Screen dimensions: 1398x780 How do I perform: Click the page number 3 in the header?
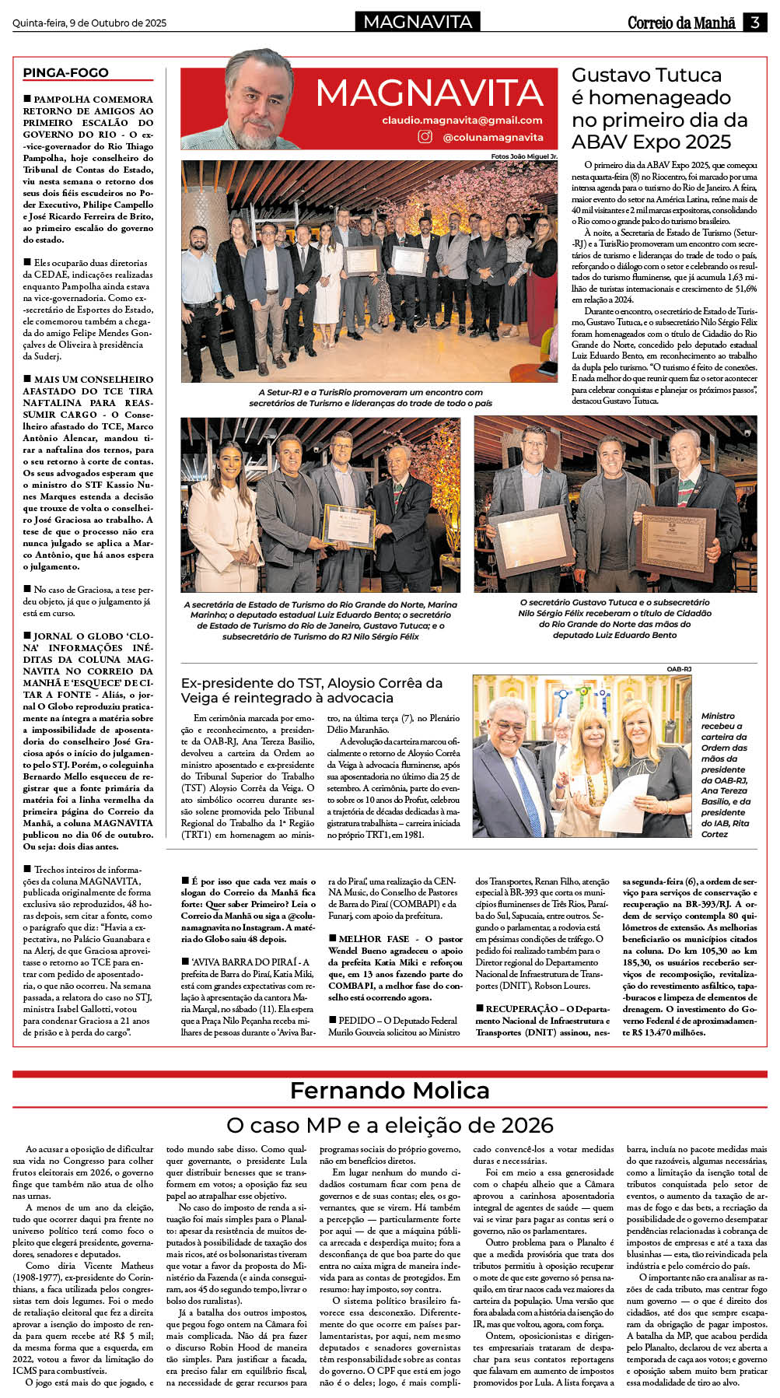(754, 23)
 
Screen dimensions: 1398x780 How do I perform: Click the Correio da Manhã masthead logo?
(681, 23)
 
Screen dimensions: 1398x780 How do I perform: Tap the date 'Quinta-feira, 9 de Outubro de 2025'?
(89, 23)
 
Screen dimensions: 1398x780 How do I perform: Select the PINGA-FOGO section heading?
(66, 72)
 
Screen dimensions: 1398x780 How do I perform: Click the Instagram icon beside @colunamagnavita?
(425, 137)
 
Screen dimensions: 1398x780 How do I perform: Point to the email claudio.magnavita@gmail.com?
(462, 120)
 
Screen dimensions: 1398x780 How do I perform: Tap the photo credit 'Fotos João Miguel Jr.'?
(524, 156)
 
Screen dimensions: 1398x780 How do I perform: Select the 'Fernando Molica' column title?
(390, 1091)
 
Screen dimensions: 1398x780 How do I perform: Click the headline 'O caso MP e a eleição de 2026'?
(390, 1125)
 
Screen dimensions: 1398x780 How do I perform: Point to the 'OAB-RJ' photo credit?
(679, 669)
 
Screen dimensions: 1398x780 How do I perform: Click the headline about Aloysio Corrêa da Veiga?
(312, 690)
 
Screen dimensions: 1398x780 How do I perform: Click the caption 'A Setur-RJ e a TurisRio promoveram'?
(370, 398)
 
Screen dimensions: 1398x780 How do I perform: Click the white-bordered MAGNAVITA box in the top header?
(418, 22)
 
